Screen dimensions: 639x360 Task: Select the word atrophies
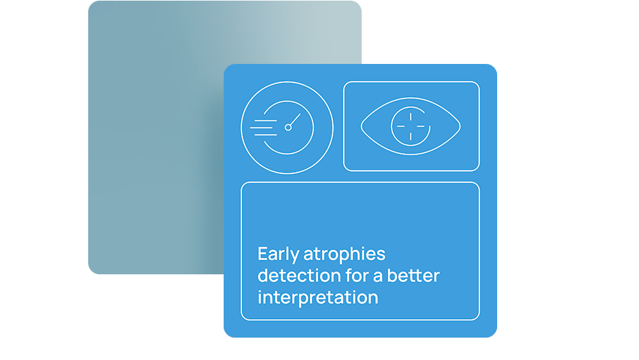(344, 254)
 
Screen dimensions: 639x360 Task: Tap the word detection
(299, 276)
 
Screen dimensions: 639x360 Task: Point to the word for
(357, 276)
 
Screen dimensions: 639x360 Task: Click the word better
(413, 276)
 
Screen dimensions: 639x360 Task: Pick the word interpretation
(318, 297)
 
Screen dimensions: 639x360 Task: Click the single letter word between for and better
(378, 278)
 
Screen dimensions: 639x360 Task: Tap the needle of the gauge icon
(295, 120)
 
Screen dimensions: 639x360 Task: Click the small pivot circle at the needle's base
(288, 128)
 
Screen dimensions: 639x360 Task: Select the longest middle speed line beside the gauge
(263, 128)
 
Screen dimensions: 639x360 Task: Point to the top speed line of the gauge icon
(266, 121)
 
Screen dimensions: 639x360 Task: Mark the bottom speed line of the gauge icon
(266, 134)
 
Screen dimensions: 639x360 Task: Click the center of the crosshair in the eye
(411, 127)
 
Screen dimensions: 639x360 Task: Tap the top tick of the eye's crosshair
(411, 117)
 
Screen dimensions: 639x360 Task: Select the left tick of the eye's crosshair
(401, 127)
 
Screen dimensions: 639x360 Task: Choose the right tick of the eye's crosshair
(420, 127)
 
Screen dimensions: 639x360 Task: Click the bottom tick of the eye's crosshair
(411, 136)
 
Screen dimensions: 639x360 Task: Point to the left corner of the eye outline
(362, 127)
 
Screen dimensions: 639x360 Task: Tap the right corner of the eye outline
(461, 127)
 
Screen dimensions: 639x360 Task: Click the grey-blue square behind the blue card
(155, 139)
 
